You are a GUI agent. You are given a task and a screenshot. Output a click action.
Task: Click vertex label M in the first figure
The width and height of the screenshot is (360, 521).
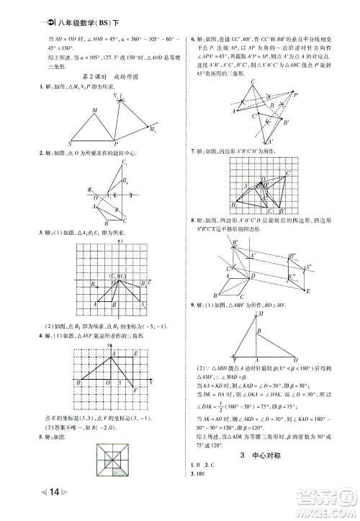[x=94, y=110]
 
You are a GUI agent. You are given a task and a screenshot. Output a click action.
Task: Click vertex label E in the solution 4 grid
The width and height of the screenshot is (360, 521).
[x=138, y=354]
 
